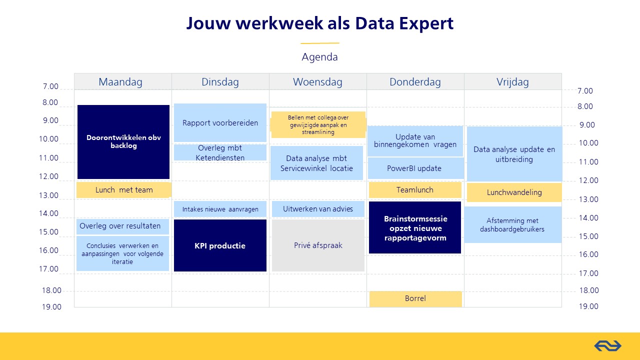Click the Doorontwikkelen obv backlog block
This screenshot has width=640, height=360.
(x=123, y=142)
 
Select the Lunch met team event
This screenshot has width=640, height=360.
(x=123, y=189)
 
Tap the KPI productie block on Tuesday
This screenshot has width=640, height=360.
(x=220, y=245)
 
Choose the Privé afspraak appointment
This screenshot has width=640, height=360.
(x=318, y=245)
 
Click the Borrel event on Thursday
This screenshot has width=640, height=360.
(x=415, y=299)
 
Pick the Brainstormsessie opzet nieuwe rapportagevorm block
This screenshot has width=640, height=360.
(x=415, y=227)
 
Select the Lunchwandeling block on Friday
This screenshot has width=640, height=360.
(x=514, y=192)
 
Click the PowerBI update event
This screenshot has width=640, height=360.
(x=415, y=168)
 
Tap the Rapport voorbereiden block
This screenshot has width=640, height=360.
(x=220, y=122)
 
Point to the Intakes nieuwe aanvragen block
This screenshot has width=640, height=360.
(x=220, y=209)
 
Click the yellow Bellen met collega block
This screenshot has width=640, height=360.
(x=318, y=125)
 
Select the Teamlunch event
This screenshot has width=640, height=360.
(x=415, y=189)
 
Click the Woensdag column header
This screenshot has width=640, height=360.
(x=317, y=81)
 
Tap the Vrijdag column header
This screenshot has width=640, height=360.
(x=512, y=81)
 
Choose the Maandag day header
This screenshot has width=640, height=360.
(x=120, y=81)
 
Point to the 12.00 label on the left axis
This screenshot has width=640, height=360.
(x=48, y=176)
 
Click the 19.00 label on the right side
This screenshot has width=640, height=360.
(x=588, y=306)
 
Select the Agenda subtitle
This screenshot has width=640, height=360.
(x=319, y=57)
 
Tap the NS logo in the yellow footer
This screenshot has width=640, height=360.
(x=607, y=346)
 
